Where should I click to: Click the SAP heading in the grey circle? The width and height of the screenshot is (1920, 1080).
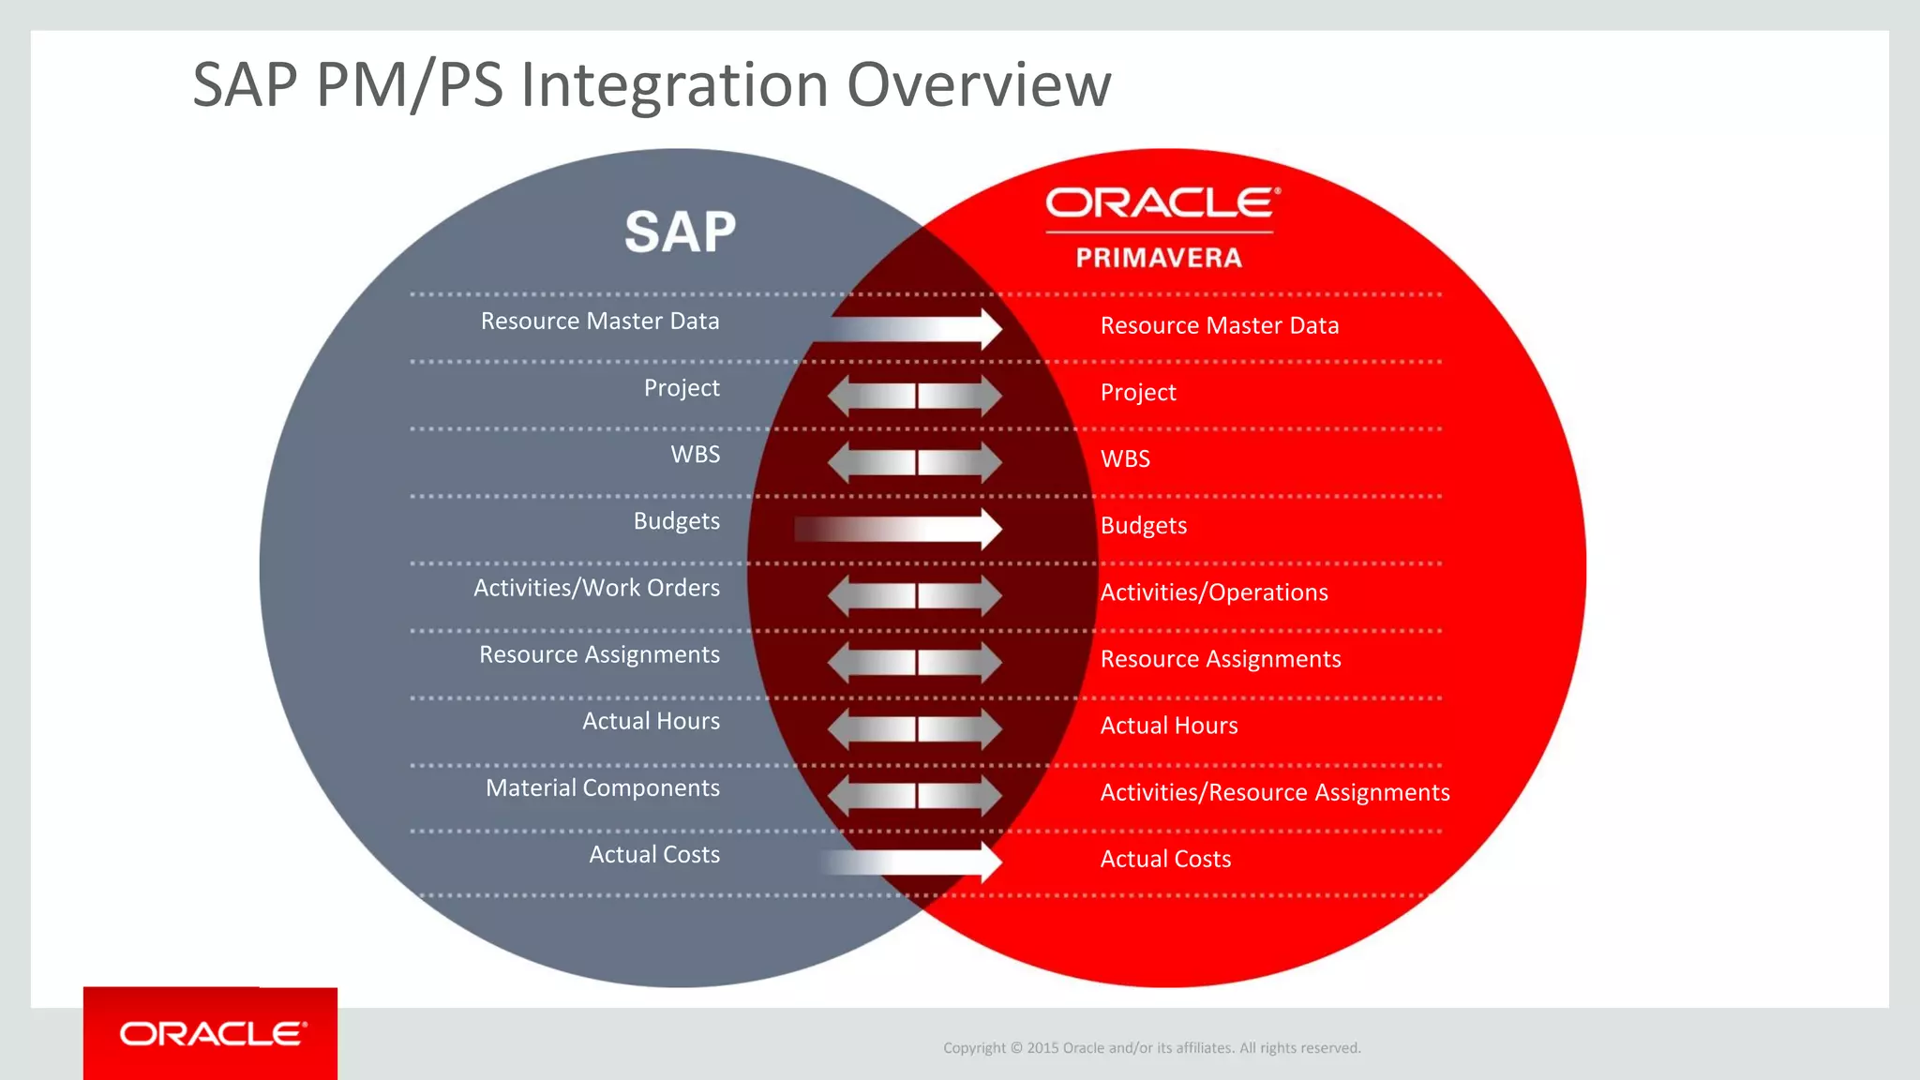[681, 232]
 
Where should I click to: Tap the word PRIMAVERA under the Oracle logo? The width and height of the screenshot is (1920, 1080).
[1159, 258]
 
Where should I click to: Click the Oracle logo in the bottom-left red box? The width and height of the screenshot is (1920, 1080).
[213, 1034]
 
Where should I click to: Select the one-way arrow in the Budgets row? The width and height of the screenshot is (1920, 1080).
[900, 529]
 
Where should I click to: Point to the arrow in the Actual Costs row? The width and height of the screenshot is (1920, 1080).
[914, 862]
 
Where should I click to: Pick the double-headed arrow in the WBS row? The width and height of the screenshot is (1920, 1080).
[915, 462]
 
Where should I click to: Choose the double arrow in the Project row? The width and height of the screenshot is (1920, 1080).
[915, 396]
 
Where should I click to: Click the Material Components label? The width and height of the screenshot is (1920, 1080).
[602, 787]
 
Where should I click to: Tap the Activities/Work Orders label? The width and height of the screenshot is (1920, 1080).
[596, 588]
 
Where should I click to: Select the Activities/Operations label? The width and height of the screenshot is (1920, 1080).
[1214, 592]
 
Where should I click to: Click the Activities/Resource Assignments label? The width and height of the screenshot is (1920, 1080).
[1274, 792]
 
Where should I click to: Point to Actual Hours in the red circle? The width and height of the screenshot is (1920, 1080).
[1168, 726]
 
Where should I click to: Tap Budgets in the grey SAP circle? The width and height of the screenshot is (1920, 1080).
[676, 521]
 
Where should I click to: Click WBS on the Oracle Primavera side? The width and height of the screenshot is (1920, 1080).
[1125, 459]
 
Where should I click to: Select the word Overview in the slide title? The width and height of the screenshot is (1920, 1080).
[978, 84]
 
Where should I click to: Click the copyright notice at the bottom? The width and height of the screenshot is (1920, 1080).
[1151, 1048]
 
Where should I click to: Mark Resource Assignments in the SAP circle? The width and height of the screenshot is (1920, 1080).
[599, 654]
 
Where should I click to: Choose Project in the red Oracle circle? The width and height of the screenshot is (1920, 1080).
[1137, 393]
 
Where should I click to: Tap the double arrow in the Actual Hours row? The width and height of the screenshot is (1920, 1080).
[915, 728]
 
